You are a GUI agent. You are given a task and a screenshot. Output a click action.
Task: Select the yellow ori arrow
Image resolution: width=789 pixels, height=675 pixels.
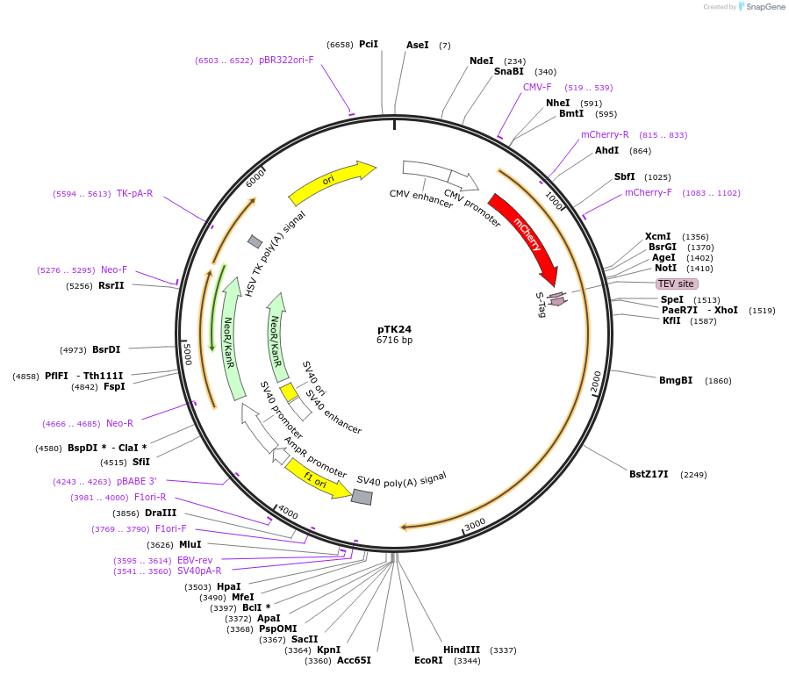click(330, 182)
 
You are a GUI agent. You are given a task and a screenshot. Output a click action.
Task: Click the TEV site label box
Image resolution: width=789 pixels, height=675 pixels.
click(677, 284)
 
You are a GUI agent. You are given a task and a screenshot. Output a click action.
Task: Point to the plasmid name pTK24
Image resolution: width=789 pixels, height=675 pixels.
click(394, 329)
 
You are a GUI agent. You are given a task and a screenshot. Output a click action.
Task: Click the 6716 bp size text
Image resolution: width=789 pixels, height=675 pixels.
click(394, 340)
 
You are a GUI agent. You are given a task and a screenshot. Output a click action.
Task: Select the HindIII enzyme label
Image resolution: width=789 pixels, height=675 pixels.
click(462, 650)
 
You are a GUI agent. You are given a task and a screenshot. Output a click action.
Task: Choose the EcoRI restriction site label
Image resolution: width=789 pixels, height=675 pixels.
click(429, 660)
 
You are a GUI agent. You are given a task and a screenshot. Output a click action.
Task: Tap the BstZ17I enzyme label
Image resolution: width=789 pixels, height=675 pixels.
click(649, 474)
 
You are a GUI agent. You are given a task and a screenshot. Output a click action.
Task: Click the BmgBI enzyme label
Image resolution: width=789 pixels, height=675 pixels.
click(676, 380)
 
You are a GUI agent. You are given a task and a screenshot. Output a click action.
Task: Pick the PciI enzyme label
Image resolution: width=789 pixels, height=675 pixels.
click(369, 44)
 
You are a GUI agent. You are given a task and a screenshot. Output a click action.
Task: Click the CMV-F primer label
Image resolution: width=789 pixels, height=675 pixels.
click(537, 87)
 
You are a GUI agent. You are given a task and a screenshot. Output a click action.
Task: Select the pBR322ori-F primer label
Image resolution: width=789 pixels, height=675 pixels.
click(286, 60)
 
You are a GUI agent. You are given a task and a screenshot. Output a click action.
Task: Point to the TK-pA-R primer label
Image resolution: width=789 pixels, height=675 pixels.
click(134, 193)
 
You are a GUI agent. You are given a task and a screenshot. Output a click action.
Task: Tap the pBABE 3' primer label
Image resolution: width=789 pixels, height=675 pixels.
click(136, 481)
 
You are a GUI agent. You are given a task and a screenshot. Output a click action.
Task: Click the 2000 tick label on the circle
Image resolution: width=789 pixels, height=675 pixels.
click(596, 381)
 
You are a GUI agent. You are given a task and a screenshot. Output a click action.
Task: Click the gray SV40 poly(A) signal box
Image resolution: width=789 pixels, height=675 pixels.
click(362, 497)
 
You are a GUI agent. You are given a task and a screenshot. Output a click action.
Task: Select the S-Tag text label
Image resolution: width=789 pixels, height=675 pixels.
click(541, 305)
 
